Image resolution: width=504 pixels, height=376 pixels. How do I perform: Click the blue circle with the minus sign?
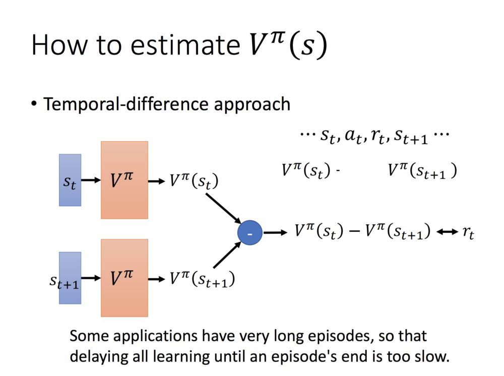[250, 233]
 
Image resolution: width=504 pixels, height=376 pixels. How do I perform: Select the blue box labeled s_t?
[70, 180]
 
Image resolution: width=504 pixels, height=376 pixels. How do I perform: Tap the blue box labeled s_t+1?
[70, 278]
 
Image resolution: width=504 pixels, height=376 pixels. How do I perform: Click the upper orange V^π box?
[124, 180]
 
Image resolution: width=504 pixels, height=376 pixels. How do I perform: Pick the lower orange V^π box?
[124, 278]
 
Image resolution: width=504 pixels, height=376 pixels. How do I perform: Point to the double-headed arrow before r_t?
[447, 232]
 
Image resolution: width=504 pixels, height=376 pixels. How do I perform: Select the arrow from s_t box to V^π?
[91, 180]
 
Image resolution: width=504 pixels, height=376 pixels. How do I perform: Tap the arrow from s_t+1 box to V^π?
[91, 278]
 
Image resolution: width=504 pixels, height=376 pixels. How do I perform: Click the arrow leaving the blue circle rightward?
[275, 233]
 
